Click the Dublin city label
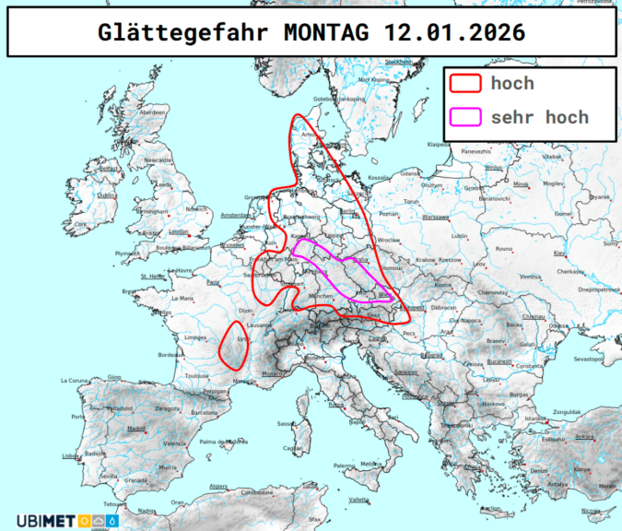107,195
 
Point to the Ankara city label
583,436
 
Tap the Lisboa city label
71,456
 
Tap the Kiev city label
558,252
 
